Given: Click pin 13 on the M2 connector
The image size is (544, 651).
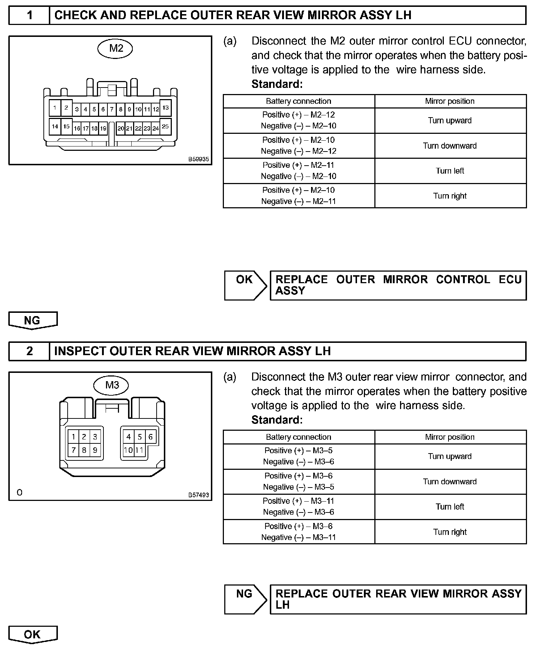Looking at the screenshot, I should coord(165,107).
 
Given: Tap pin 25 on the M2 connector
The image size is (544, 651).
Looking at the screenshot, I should coord(165,126).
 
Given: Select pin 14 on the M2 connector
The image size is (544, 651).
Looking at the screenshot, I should coord(55,126).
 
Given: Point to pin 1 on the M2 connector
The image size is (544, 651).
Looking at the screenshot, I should coord(55,107).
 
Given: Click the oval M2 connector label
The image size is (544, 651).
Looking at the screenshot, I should coord(115,48).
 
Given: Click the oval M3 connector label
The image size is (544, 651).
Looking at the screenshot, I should coord(112,385).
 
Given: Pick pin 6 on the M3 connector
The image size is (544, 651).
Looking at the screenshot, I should coord(150,437).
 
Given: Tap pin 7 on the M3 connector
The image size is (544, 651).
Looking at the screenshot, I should coord(73,450).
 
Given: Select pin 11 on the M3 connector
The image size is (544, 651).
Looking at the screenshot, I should coord(140,450).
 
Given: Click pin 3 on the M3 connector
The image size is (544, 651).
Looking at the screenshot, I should coord(95,437).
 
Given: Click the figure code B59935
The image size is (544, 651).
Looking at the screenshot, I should coord(199,159).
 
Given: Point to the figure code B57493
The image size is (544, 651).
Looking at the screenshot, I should coord(199,495).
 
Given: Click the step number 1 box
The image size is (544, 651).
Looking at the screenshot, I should coord(29,15).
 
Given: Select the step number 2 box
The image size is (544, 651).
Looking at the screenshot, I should coord(29,351).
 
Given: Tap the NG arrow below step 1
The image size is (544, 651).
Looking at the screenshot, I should coord(33,320).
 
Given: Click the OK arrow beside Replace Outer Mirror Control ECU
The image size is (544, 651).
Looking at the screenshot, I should coord(245,285).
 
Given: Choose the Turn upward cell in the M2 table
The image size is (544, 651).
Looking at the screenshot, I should coord(450,120).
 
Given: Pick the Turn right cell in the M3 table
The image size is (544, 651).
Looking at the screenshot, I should coord(450,532).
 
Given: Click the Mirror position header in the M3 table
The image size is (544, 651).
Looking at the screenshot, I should coord(450,437).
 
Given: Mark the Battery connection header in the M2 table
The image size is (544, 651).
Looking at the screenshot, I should coord(298,101).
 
